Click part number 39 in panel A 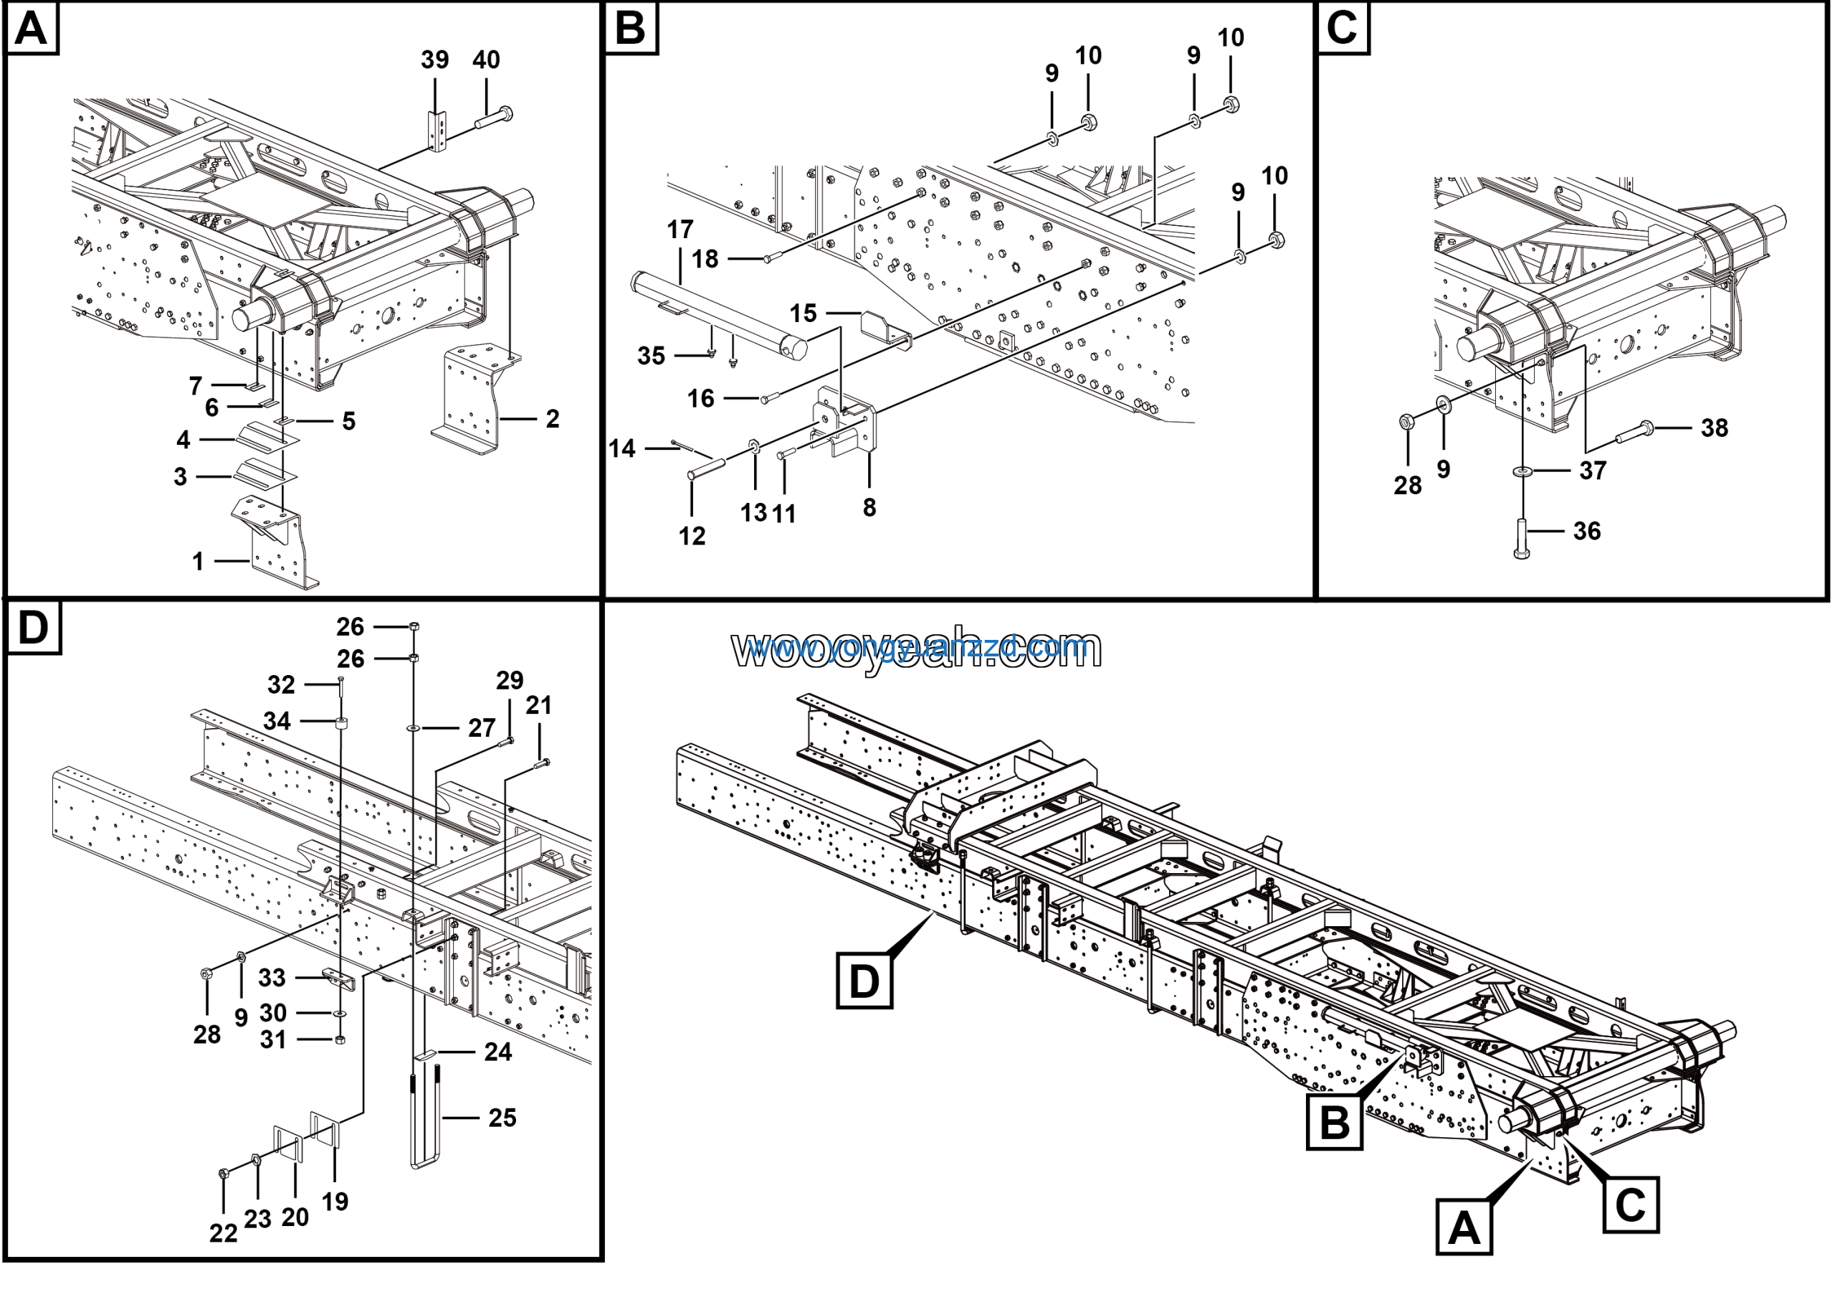tap(435, 60)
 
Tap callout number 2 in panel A tap(552, 418)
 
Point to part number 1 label tap(197, 562)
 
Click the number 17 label tap(680, 230)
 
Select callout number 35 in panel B tap(652, 356)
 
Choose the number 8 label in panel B tap(869, 507)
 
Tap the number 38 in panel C tap(1715, 428)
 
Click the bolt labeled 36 tap(1522, 538)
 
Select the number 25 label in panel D tap(502, 1118)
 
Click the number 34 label tap(277, 721)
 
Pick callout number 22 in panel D tap(223, 1234)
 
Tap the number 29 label tap(510, 681)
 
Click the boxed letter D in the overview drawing tap(864, 979)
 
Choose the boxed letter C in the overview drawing tap(1631, 1204)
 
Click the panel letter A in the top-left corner tap(31, 29)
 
